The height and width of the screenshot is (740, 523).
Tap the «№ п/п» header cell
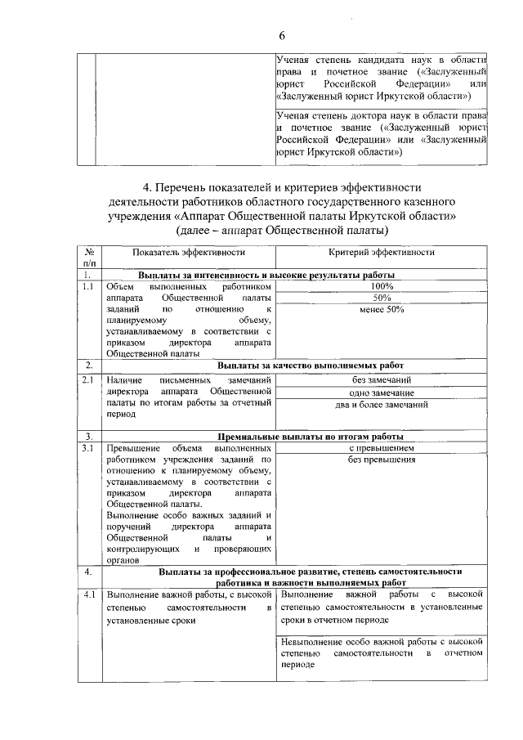point(87,258)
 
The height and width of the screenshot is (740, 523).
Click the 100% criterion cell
point(382,287)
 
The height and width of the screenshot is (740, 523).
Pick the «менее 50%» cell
point(382,310)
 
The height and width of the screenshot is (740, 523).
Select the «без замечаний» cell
point(382,379)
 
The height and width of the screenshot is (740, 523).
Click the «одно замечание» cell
point(382,392)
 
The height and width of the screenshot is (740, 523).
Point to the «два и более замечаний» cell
point(382,404)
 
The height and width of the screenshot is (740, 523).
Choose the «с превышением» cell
point(382,448)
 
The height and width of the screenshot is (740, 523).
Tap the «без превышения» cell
point(382,460)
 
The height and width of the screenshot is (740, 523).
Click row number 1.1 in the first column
point(87,287)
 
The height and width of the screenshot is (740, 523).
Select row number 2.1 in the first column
point(87,379)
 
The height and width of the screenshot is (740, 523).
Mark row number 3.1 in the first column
point(87,448)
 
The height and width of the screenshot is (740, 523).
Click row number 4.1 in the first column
point(87,594)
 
